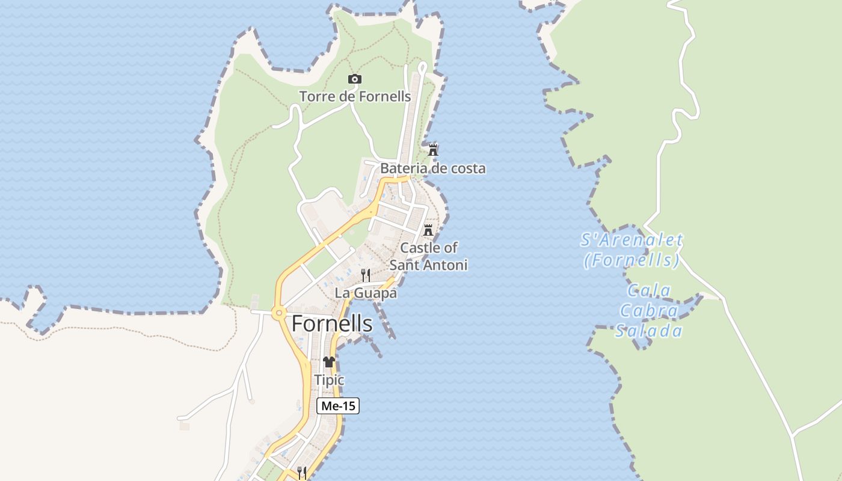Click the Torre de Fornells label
click(x=355, y=96)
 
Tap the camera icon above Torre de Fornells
click(x=355, y=79)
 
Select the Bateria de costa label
click(x=432, y=168)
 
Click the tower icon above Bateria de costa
click(x=432, y=150)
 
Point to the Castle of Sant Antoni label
click(x=428, y=256)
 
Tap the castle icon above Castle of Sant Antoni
click(x=428, y=230)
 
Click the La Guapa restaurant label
click(x=366, y=293)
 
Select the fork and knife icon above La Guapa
click(x=366, y=275)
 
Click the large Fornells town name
click(x=332, y=324)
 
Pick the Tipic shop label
click(x=329, y=380)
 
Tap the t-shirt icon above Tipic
click(x=329, y=362)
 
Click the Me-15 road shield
click(x=338, y=406)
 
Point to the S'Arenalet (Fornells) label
click(x=632, y=250)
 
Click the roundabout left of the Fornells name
click(x=278, y=313)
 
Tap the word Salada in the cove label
click(x=650, y=331)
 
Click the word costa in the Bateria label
click(x=468, y=168)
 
